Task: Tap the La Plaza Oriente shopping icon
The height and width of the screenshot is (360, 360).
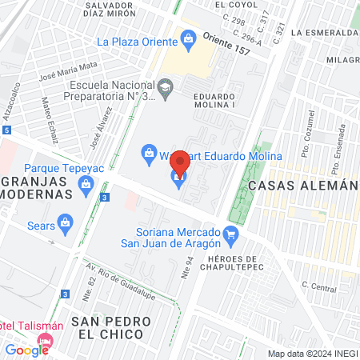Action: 188,38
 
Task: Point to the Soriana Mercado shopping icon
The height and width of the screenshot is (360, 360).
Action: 231,234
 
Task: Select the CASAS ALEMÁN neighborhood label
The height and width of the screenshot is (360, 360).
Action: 301,185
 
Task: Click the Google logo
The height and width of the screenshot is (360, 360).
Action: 26,350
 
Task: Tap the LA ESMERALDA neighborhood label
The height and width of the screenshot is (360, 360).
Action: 325,33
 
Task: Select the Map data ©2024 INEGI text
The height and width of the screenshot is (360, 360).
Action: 312,354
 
